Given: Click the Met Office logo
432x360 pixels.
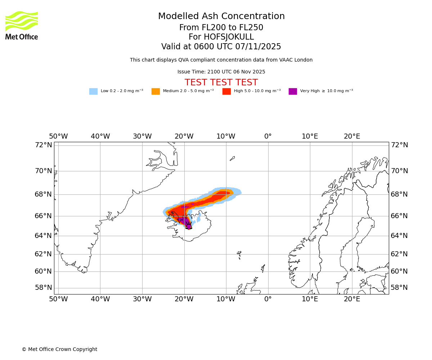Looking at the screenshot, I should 22,25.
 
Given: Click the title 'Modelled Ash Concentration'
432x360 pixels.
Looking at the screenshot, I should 221,17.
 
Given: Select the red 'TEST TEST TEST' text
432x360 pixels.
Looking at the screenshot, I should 221,83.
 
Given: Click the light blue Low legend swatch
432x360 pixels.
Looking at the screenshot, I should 93,91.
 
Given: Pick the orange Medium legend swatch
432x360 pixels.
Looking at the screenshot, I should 156,91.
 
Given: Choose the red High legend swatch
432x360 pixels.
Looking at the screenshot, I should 226,91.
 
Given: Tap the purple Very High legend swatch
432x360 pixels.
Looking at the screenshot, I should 293,91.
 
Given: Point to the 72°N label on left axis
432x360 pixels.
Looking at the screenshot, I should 43,145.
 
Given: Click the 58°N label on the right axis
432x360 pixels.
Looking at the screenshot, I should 399,288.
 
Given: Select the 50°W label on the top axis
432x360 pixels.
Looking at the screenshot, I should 58,137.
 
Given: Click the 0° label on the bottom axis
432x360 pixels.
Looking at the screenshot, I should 268,299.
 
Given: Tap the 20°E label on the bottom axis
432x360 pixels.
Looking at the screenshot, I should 352,299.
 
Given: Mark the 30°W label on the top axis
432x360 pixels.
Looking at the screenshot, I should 142,137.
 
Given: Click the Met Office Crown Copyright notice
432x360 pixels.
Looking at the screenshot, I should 59,350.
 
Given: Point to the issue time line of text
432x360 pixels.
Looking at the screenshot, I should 221,72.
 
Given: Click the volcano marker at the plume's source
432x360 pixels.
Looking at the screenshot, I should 189,226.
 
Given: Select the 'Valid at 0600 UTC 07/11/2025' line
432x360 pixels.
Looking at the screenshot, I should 221,47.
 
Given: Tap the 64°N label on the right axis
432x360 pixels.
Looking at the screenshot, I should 399,236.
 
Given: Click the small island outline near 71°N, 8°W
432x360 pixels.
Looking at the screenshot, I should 232,158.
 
